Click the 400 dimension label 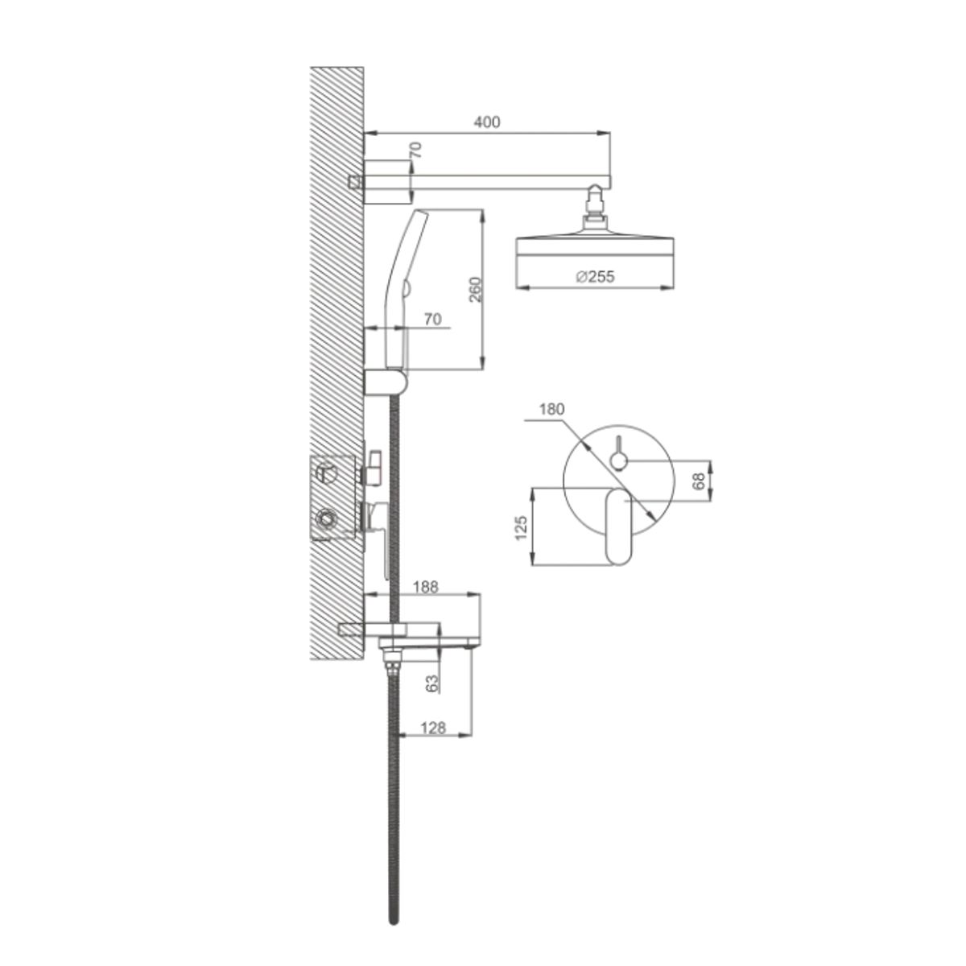487,122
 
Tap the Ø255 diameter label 595,277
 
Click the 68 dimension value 700,481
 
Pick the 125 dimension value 522,527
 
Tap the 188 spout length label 426,587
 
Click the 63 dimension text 432,683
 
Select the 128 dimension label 432,728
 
